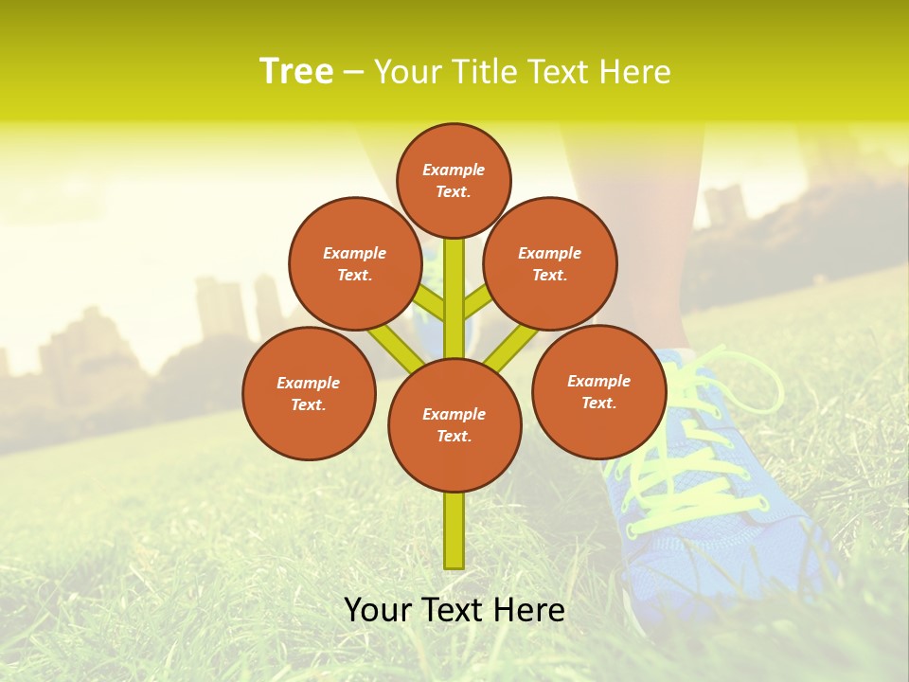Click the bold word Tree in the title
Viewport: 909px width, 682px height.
[296, 72]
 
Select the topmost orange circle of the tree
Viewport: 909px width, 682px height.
[454, 180]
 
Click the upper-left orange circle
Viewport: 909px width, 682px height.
[355, 263]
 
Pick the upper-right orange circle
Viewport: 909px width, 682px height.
[550, 263]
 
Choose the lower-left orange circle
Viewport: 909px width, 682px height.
[309, 393]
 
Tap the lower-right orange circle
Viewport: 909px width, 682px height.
[598, 391]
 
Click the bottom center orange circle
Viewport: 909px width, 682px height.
[454, 425]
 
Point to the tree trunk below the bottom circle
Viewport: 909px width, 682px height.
[454, 530]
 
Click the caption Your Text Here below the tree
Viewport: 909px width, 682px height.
[454, 610]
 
